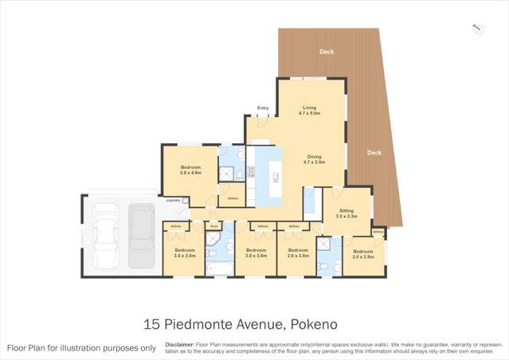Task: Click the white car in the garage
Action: [105, 236]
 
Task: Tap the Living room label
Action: [309, 111]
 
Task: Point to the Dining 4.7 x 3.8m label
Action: [313, 159]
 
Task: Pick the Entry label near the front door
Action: [263, 108]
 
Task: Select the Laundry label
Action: [173, 200]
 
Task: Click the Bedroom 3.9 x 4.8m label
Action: [190, 170]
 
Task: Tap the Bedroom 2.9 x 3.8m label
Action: [298, 252]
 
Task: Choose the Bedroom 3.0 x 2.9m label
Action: [363, 254]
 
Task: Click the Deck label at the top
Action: [327, 52]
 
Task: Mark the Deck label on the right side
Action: [374, 152]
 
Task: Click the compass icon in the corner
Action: [478, 29]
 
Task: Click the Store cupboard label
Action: [214, 226]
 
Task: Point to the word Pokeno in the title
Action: [314, 324]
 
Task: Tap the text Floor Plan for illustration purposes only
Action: [81, 348]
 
